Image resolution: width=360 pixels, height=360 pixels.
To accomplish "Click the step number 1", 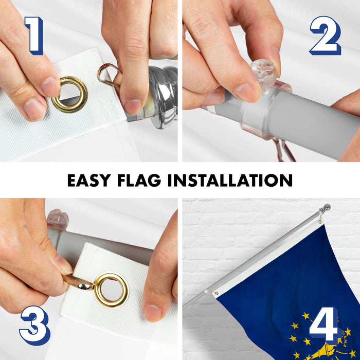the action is click(34, 35).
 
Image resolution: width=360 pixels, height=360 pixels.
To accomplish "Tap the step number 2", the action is click(326, 35).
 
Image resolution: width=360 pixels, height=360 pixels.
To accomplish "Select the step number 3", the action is click(35, 326).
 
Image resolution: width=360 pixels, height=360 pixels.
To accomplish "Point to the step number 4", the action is click(324, 323).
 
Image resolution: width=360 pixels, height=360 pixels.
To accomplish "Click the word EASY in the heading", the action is click(89, 180).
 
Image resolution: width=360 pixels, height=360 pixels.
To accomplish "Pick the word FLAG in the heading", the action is click(139, 180).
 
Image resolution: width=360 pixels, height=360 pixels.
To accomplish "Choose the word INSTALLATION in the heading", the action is click(230, 180).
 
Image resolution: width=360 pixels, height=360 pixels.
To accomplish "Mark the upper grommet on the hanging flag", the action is click(320, 222).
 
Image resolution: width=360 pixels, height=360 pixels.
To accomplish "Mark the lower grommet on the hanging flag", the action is click(216, 293).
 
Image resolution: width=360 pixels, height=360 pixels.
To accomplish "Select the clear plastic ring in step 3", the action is click(58, 219).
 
